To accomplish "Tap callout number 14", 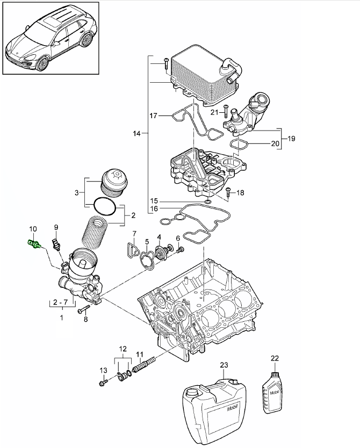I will pyautogui.click(x=136, y=133).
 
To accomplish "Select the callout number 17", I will pyautogui.click(x=154, y=115).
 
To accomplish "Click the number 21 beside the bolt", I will pyautogui.click(x=214, y=112).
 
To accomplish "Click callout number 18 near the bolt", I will pyautogui.click(x=240, y=192).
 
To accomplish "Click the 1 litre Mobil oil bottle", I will pyautogui.click(x=274, y=394).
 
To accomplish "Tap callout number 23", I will pyautogui.click(x=224, y=365).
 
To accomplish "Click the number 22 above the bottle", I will pyautogui.click(x=275, y=358).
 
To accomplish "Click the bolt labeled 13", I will pyautogui.click(x=102, y=384).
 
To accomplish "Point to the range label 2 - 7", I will pyautogui.click(x=61, y=303).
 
